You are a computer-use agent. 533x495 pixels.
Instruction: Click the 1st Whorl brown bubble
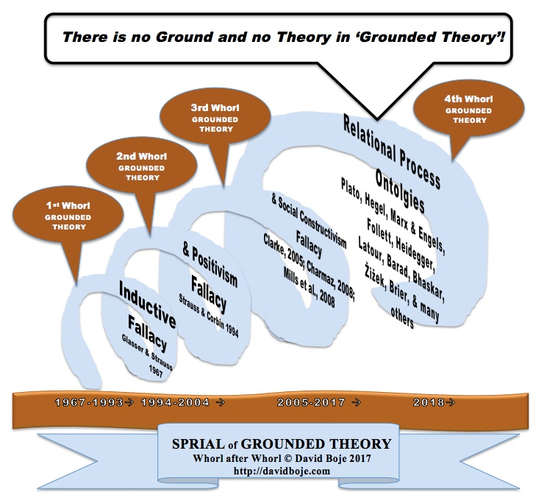tap(68, 215)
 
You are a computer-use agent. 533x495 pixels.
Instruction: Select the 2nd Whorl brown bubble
tap(141, 166)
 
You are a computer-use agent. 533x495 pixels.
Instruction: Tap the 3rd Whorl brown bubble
tap(215, 118)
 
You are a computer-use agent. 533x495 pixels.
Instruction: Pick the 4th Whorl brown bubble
tap(468, 109)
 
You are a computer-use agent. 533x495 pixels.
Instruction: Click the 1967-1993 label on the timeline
tap(89, 402)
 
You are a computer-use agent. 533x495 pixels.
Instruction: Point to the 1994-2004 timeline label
tap(175, 402)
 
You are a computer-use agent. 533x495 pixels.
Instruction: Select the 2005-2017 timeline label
tap(311, 402)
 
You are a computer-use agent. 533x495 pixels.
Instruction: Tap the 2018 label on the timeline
tap(429, 402)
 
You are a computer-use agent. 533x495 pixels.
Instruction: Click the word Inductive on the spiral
tap(148, 305)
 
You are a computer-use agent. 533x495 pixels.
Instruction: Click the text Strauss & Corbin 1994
tap(209, 316)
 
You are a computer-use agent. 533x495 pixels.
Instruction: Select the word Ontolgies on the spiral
tap(400, 191)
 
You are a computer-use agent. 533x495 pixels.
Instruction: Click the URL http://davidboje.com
tap(282, 471)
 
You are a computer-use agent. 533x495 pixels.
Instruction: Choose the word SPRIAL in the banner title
tap(198, 444)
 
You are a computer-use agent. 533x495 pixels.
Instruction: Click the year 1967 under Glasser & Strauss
tap(156, 371)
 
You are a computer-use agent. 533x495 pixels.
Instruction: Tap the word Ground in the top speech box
tap(184, 37)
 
